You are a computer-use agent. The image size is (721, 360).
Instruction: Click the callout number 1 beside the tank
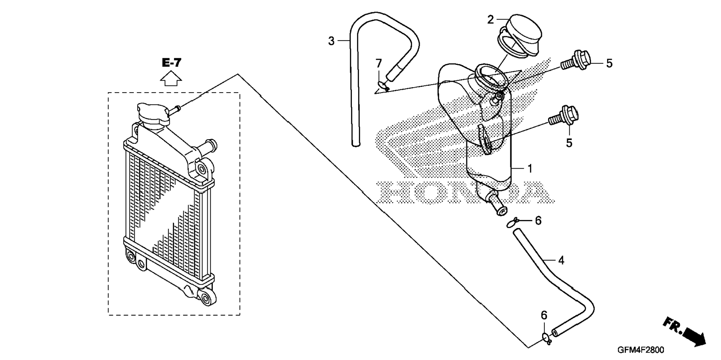point(530,169)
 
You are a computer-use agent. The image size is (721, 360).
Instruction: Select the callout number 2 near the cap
point(491,19)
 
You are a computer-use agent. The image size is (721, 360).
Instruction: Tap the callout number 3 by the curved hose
point(331,41)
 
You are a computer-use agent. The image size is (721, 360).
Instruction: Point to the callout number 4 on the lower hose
point(561,260)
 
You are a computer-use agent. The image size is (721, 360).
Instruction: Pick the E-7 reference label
point(171,63)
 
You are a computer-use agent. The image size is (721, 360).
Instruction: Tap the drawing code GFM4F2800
point(640,350)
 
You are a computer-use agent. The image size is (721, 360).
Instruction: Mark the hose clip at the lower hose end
point(547,339)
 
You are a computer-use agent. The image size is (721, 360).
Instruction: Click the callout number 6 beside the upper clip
point(538,220)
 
